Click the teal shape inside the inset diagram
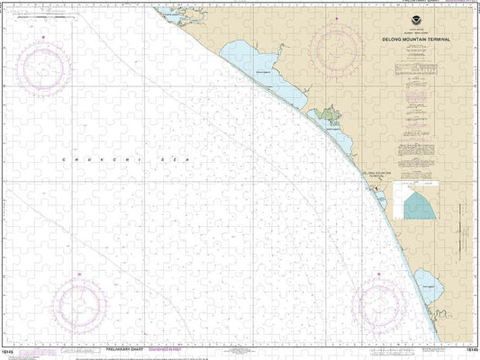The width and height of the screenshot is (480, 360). pyautogui.click(x=418, y=206)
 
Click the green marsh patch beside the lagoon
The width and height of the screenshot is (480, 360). pyautogui.click(x=325, y=116)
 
